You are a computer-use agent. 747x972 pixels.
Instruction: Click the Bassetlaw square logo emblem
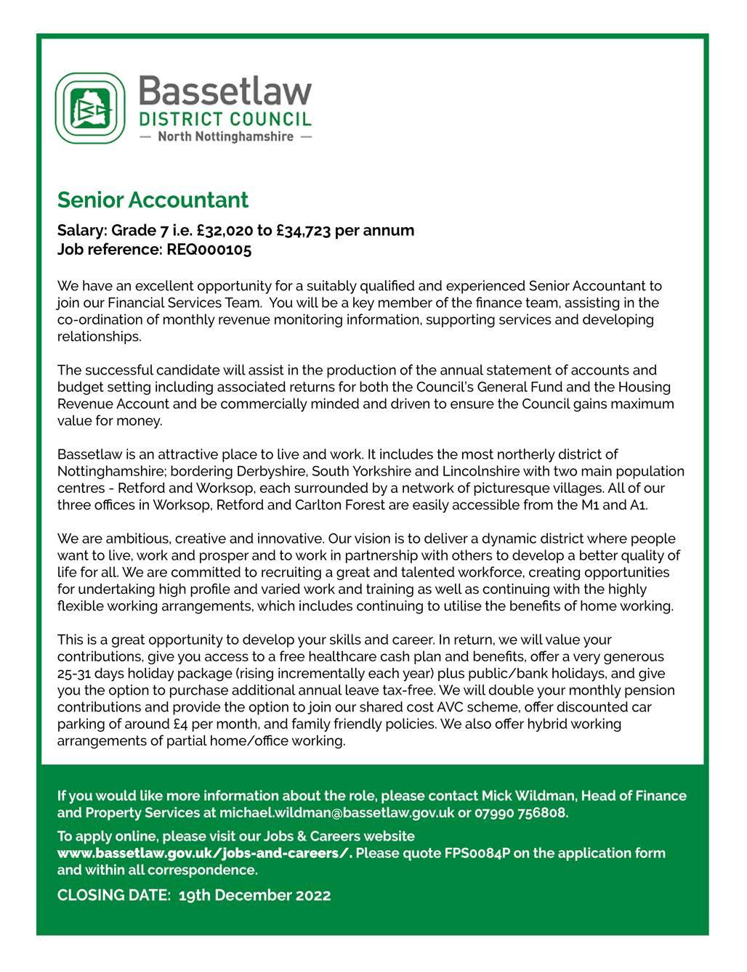coord(90,108)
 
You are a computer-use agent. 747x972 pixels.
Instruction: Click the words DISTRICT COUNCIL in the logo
coord(225,119)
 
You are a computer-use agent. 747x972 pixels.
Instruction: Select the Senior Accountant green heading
coord(153,200)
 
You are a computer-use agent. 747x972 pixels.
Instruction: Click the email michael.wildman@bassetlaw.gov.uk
coord(336,813)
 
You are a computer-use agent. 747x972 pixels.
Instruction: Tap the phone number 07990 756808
coord(521,813)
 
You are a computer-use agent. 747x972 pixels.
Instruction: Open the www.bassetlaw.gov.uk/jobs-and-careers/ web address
coord(204,853)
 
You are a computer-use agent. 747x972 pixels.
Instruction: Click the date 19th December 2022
coord(254,895)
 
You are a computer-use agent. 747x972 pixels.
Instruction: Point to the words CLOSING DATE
coord(113,895)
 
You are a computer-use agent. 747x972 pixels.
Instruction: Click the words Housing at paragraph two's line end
coord(645,387)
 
